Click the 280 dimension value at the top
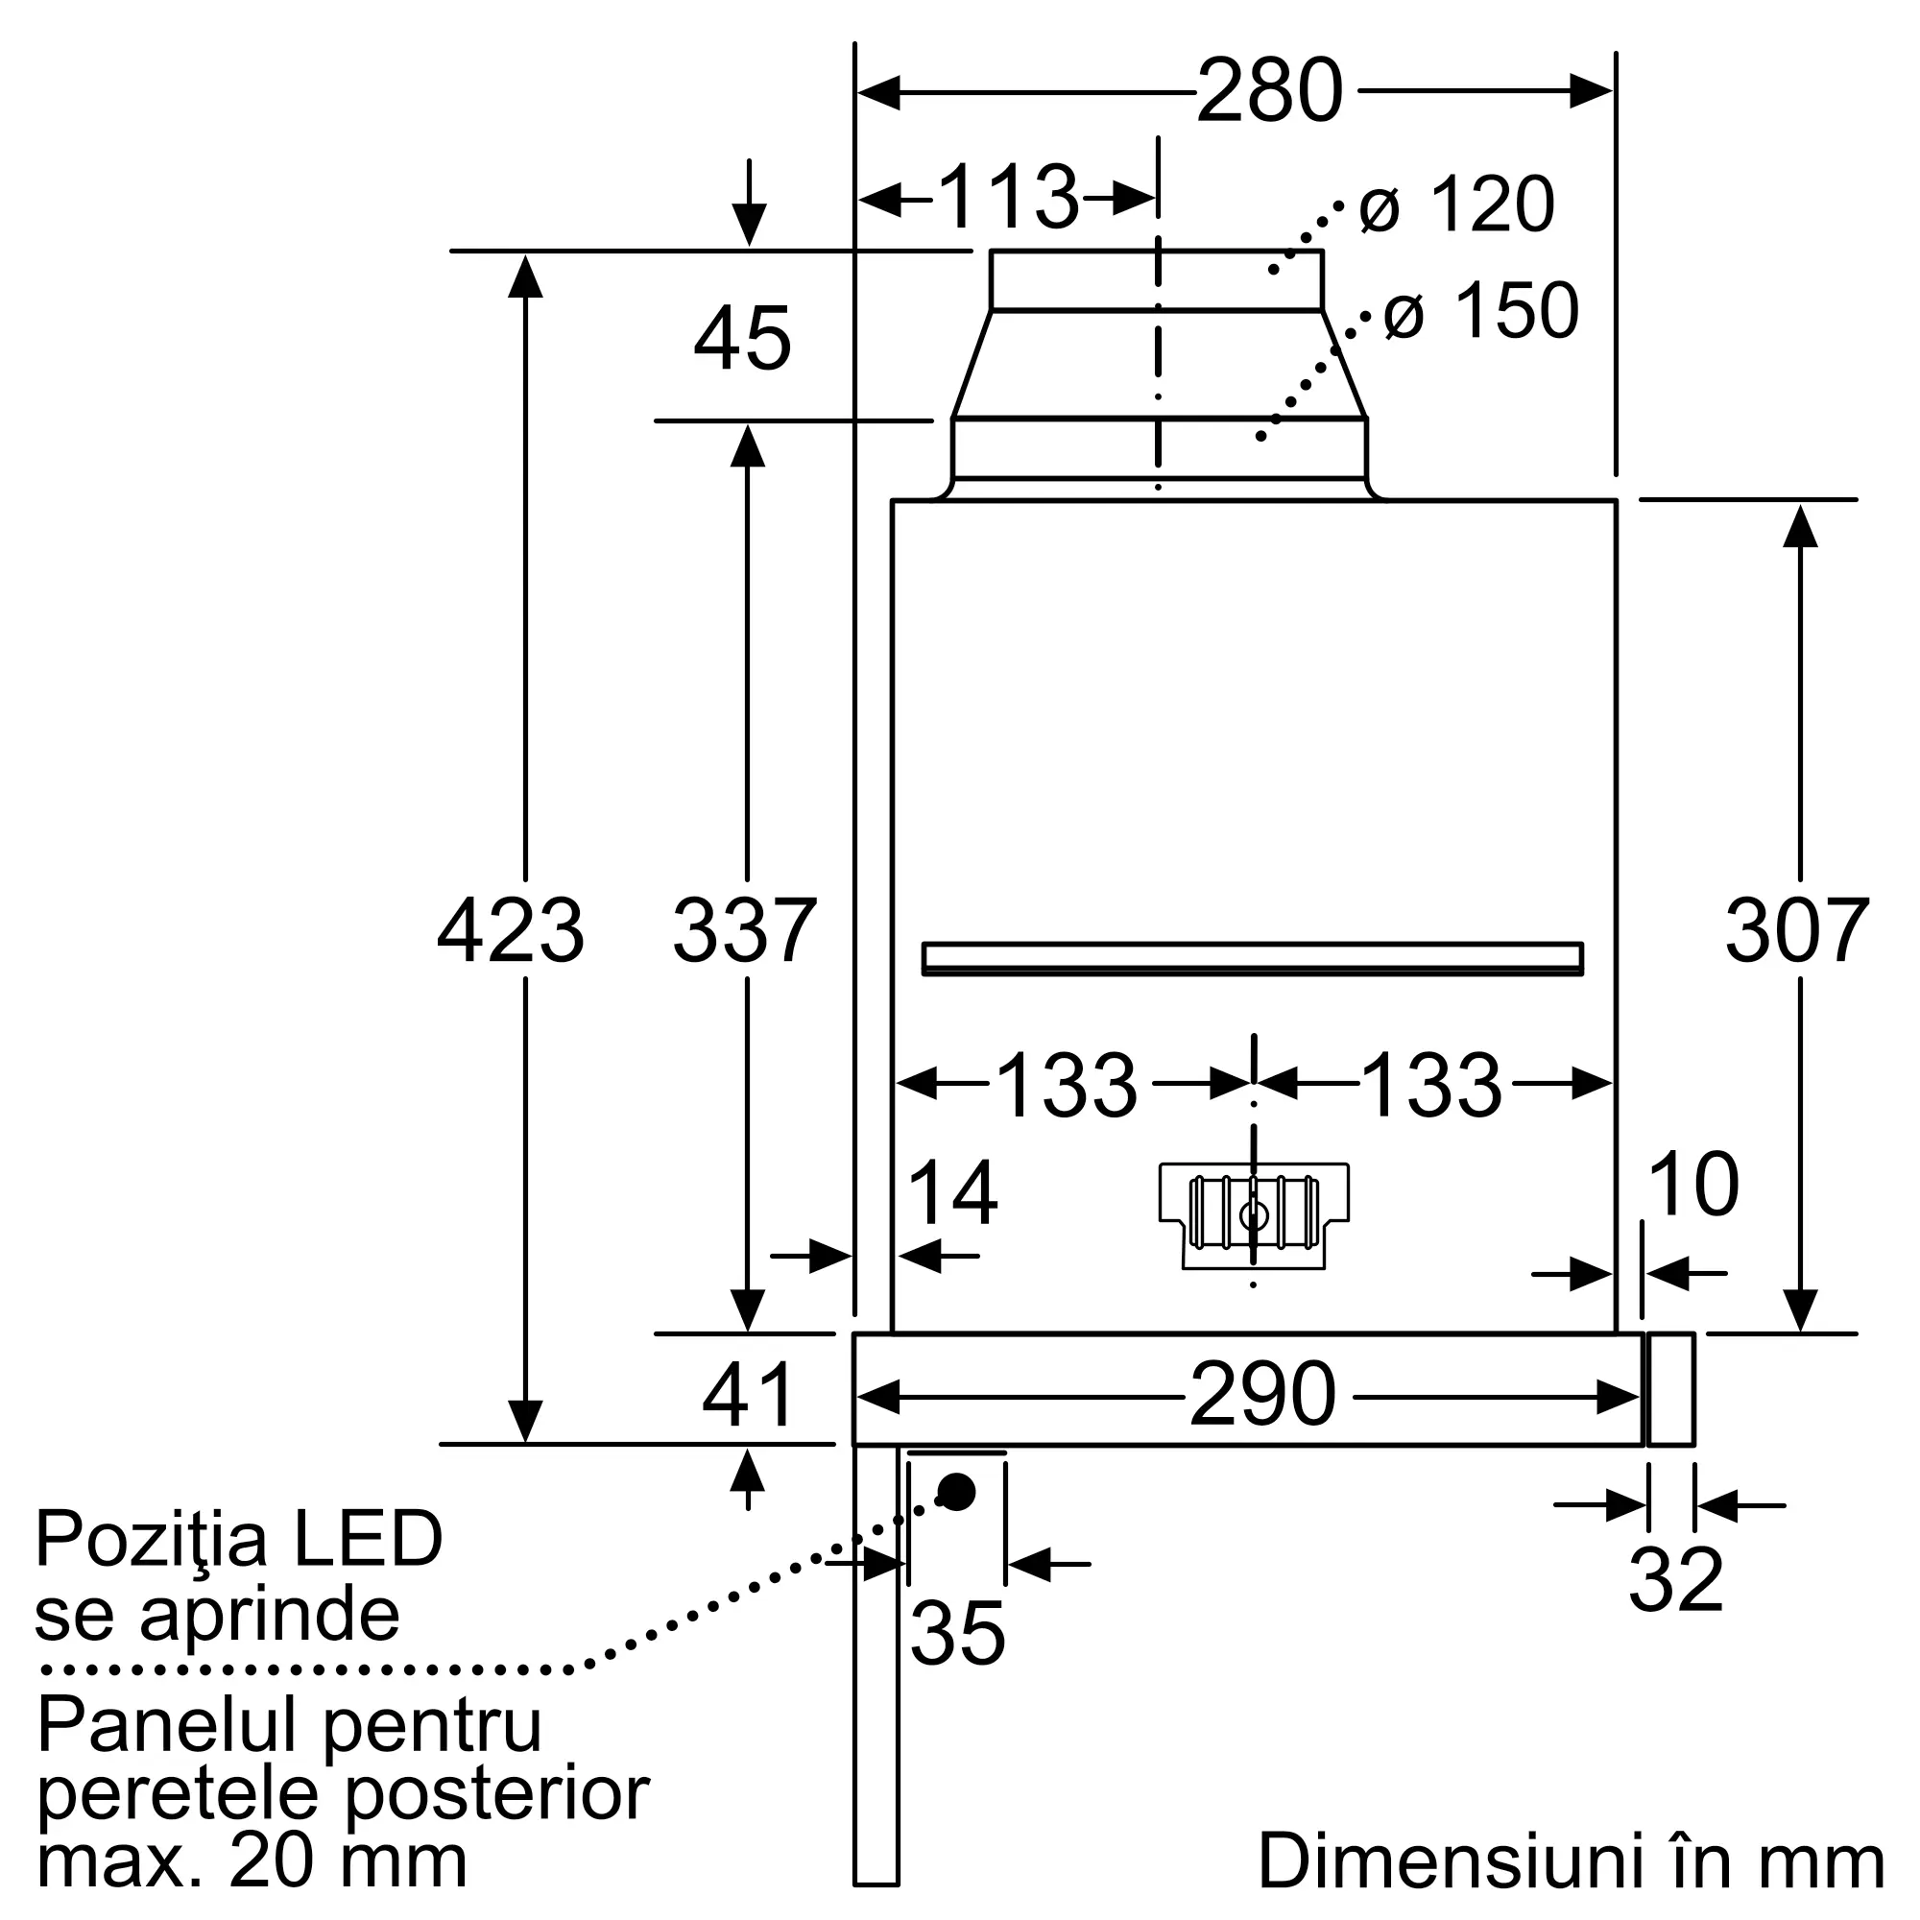point(1270,91)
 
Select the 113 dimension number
point(1008,197)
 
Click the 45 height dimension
point(742,339)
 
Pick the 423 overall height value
point(511,930)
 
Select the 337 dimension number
point(744,930)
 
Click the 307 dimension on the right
point(1797,930)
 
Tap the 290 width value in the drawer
point(1262,1395)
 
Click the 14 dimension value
point(952,1193)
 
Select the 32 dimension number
point(1676,1607)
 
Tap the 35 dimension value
point(957,1633)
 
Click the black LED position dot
point(957,1492)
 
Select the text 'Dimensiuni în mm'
point(1572,1860)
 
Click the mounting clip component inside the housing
point(1254,1215)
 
